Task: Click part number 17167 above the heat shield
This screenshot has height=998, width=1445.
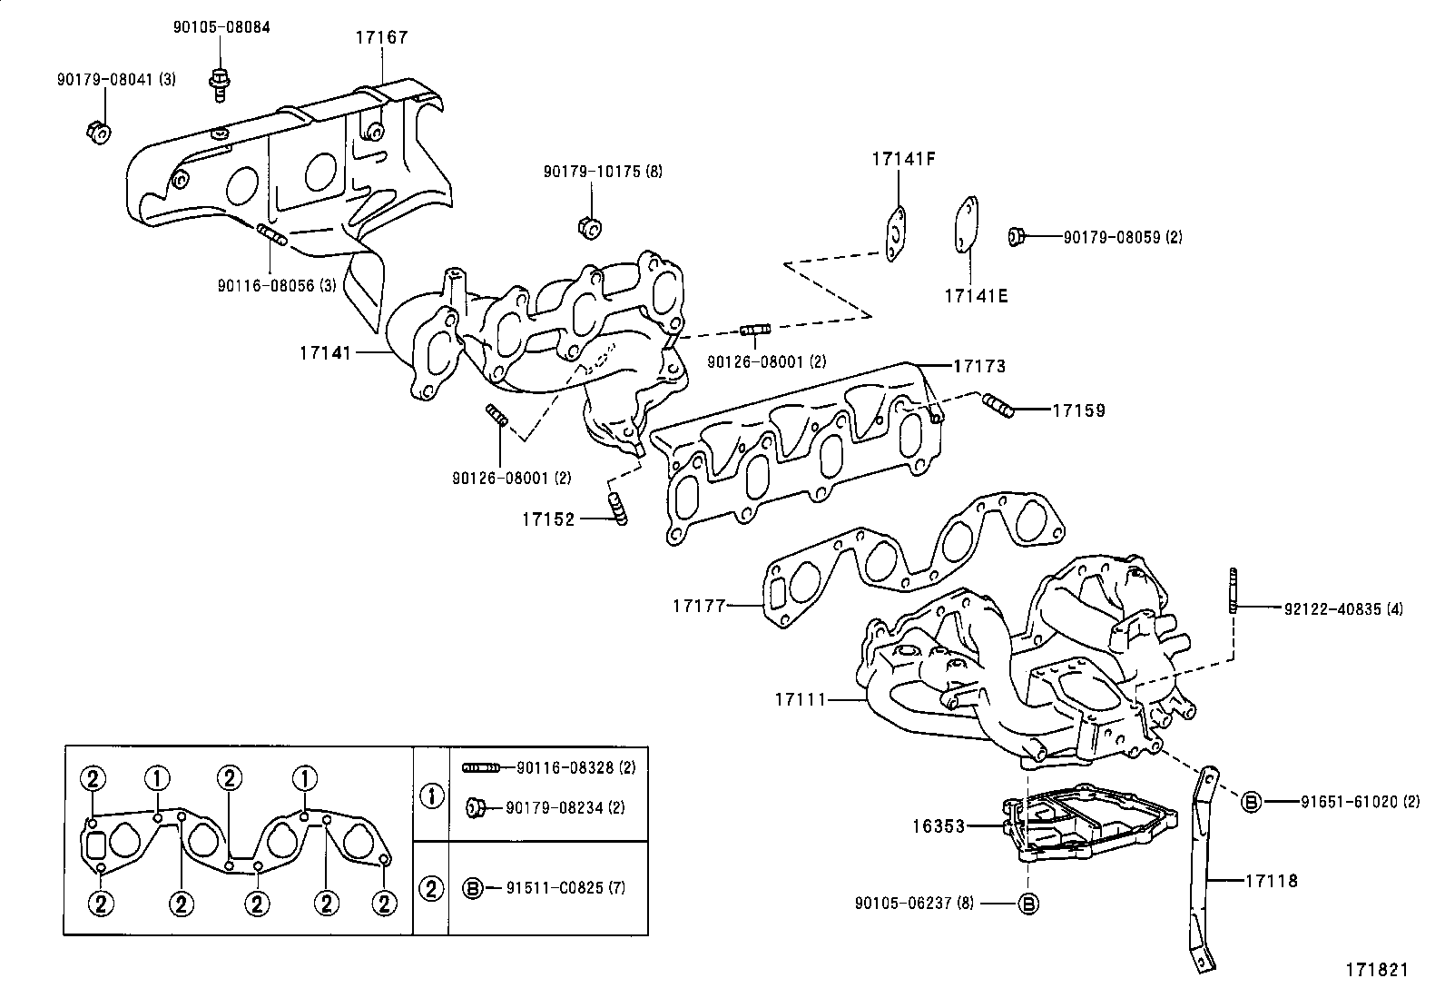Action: coord(381,38)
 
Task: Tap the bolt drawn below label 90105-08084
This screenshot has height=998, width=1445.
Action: coord(219,80)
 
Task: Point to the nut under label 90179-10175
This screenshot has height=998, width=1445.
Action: coord(588,225)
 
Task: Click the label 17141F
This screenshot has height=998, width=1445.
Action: coord(903,159)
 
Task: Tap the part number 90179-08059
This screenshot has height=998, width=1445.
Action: coord(1123,238)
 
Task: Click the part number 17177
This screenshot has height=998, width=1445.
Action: coord(700,605)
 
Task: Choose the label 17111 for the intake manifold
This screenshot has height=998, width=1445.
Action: coord(801,700)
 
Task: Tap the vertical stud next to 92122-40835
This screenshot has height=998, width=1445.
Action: coord(1234,590)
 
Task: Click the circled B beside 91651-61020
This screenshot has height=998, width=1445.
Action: coord(1251,802)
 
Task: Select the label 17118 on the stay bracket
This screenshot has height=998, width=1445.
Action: coord(1271,880)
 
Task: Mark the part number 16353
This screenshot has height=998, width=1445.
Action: coord(939,826)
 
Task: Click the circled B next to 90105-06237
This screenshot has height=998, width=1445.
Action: coord(1027,904)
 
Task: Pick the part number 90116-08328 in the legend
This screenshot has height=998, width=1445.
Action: coord(563,767)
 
